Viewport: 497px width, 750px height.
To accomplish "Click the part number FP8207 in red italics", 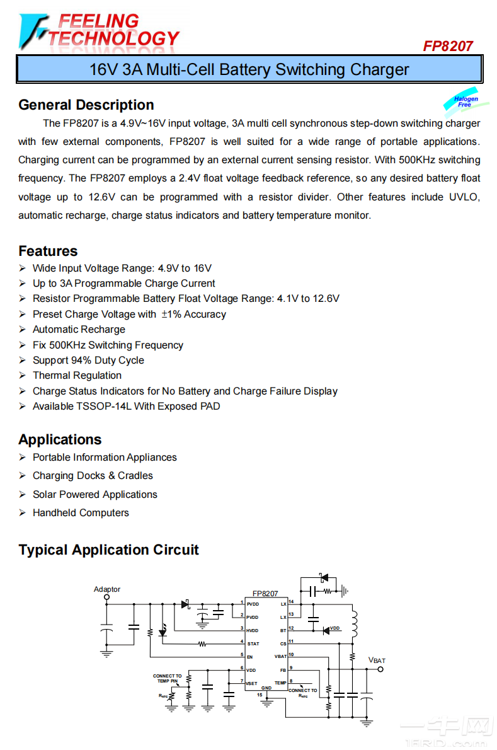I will point(448,46).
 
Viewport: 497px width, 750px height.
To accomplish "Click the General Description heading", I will point(86,105).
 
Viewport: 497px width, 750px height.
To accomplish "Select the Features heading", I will point(48,251).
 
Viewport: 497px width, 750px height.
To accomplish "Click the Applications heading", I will point(60,439).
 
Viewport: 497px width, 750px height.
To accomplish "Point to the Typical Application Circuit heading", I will point(108,550).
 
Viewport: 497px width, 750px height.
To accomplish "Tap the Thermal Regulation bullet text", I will point(77,376).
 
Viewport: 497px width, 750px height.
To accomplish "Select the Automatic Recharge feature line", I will point(79,330).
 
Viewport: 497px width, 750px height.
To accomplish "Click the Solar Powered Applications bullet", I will point(94,495).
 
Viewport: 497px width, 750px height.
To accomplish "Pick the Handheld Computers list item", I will point(81,513).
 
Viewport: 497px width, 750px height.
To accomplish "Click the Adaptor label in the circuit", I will point(107,589).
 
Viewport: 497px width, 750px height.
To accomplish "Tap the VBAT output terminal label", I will point(377,661).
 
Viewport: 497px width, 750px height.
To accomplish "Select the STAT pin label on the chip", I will point(253,643).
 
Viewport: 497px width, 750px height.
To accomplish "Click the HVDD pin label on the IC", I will point(253,630).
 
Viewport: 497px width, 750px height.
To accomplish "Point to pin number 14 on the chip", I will point(291,602).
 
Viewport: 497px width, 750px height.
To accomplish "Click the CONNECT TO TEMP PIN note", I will point(167,678).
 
